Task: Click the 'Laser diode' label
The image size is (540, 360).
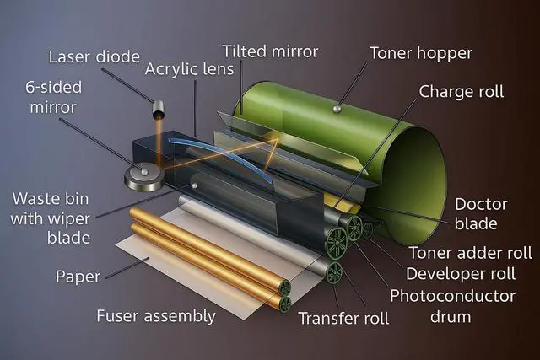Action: [94, 56]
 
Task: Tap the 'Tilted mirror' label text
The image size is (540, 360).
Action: [270, 51]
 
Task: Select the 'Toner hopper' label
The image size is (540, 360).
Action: [421, 53]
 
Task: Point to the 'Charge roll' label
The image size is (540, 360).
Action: [462, 92]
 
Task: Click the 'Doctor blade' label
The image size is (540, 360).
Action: [481, 214]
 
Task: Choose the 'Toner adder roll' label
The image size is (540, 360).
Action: [471, 253]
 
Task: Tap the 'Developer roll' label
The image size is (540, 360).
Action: [461, 274]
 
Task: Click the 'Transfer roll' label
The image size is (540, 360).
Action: [343, 319]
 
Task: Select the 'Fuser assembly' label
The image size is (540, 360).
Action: [156, 316]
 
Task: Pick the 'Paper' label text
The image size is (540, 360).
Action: [78, 277]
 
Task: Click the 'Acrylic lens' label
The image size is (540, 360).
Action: [189, 69]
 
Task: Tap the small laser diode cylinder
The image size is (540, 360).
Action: [158, 109]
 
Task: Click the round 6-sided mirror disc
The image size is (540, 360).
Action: [144, 176]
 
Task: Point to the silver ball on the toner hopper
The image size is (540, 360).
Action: [337, 109]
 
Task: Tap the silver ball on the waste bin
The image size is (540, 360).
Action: [195, 185]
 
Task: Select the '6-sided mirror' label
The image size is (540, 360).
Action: [53, 98]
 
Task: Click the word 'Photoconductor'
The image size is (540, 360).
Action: [452, 296]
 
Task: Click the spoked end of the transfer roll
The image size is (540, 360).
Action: [334, 272]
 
